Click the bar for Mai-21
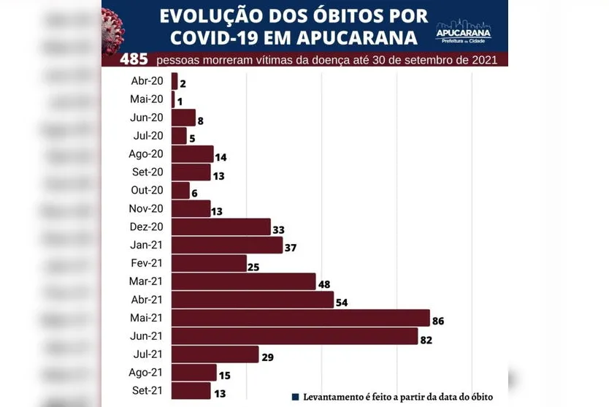300,318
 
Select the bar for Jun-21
294,336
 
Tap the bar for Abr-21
252,300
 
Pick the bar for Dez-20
221,227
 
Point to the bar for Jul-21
215,354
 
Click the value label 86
437,321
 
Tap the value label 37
290,248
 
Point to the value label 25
253,267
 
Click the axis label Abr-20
147,81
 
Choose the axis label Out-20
147,190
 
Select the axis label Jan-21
147,245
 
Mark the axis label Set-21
148,390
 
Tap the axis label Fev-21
147,263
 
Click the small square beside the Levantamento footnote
296,397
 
